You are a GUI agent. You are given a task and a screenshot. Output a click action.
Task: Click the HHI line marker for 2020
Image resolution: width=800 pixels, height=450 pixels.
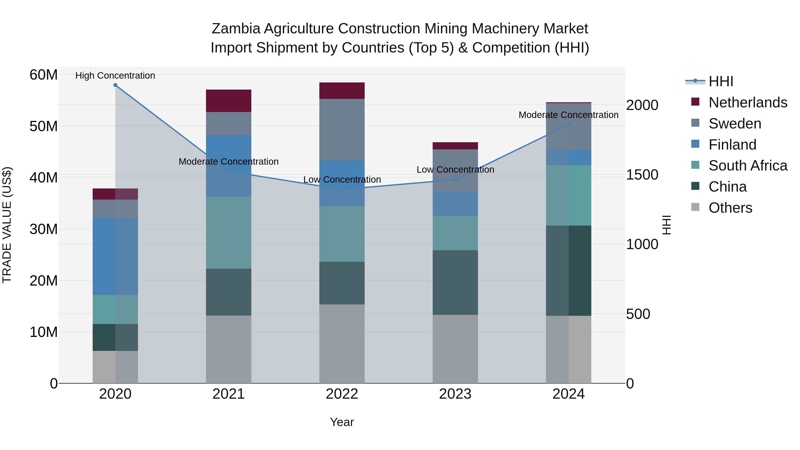click(x=115, y=85)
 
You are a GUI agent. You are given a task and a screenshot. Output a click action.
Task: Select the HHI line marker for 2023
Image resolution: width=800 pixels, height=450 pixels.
click(x=455, y=180)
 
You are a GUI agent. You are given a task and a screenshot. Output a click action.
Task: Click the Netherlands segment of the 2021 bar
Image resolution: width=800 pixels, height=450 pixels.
click(x=229, y=101)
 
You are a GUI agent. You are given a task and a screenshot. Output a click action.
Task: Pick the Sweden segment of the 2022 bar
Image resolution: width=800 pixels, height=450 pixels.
click(x=342, y=130)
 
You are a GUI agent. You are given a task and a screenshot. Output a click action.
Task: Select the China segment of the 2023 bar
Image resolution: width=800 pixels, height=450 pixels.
click(x=455, y=283)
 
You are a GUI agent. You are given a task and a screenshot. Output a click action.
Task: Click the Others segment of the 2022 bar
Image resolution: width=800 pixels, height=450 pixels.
click(x=342, y=344)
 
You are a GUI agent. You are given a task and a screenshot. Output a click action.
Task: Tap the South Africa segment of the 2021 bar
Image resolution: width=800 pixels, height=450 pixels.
click(x=229, y=233)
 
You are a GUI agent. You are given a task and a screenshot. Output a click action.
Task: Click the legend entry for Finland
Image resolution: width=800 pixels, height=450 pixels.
click(x=732, y=145)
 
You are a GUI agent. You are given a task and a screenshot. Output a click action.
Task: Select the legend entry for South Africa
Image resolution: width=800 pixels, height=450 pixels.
click(x=748, y=166)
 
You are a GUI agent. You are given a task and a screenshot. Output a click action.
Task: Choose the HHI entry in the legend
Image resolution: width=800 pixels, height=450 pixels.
click(x=720, y=81)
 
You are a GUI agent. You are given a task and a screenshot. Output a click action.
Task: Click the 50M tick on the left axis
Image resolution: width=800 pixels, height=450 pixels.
click(x=44, y=126)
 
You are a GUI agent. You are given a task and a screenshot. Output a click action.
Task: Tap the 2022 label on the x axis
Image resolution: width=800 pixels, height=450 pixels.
click(x=342, y=394)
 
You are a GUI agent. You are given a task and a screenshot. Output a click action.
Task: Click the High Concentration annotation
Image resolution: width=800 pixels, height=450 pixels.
click(x=115, y=76)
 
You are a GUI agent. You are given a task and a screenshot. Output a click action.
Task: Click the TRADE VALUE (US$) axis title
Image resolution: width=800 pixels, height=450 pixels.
click(x=7, y=225)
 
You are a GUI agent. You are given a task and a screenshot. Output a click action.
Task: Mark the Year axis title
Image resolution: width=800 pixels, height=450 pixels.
click(x=342, y=422)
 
